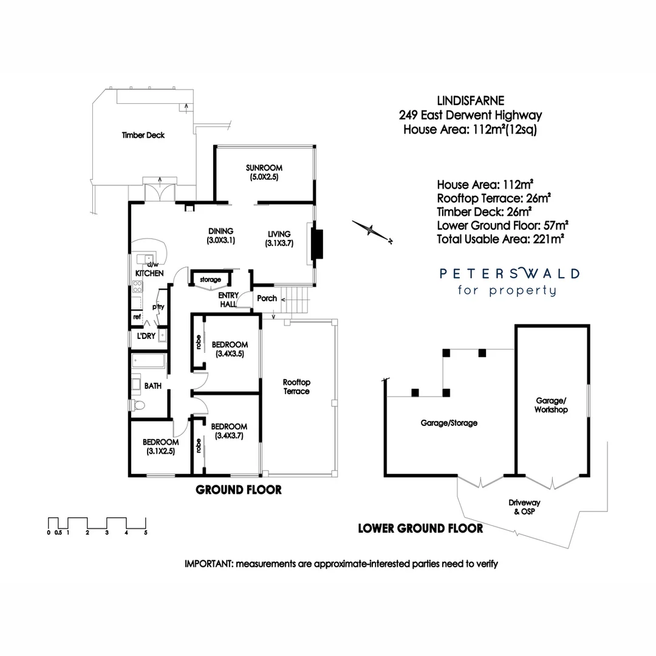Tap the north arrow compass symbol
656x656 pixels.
[372, 230]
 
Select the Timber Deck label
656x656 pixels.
[143, 135]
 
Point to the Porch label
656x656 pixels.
[267, 298]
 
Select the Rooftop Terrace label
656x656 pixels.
[296, 387]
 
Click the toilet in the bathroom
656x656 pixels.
[138, 405]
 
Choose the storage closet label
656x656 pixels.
[211, 279]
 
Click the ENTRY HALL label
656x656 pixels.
[228, 299]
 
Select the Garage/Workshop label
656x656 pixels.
[552, 405]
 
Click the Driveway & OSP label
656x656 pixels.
[524, 507]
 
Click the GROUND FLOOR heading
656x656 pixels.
[239, 490]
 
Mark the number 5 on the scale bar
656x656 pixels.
[146, 533]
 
